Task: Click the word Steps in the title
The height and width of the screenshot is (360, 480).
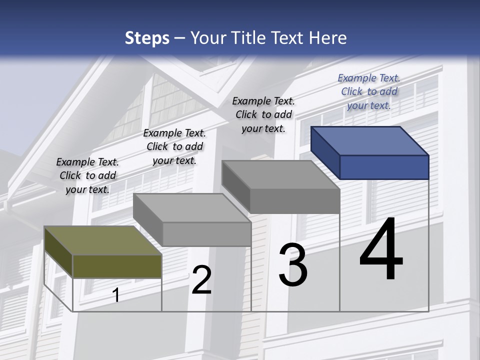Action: [x=146, y=38]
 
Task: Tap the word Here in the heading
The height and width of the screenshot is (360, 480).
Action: [x=328, y=38]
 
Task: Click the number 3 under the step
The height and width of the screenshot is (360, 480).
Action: [x=293, y=265]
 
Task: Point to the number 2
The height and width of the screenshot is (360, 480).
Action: [x=201, y=280]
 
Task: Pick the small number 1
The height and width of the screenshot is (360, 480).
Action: [x=116, y=295]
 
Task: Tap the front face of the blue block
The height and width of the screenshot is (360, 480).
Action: [x=384, y=167]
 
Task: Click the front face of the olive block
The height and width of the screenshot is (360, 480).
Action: [x=117, y=266]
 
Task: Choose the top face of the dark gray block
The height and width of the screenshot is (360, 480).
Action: [x=280, y=175]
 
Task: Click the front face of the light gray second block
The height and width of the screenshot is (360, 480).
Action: [x=206, y=234]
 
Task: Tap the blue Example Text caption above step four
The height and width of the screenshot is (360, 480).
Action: [x=369, y=91]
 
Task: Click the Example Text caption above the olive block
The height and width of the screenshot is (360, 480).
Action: [x=87, y=175]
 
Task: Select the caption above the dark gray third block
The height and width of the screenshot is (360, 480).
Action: [x=263, y=114]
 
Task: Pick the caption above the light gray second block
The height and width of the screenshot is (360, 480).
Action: [x=174, y=146]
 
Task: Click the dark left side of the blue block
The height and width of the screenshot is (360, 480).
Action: [x=325, y=152]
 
